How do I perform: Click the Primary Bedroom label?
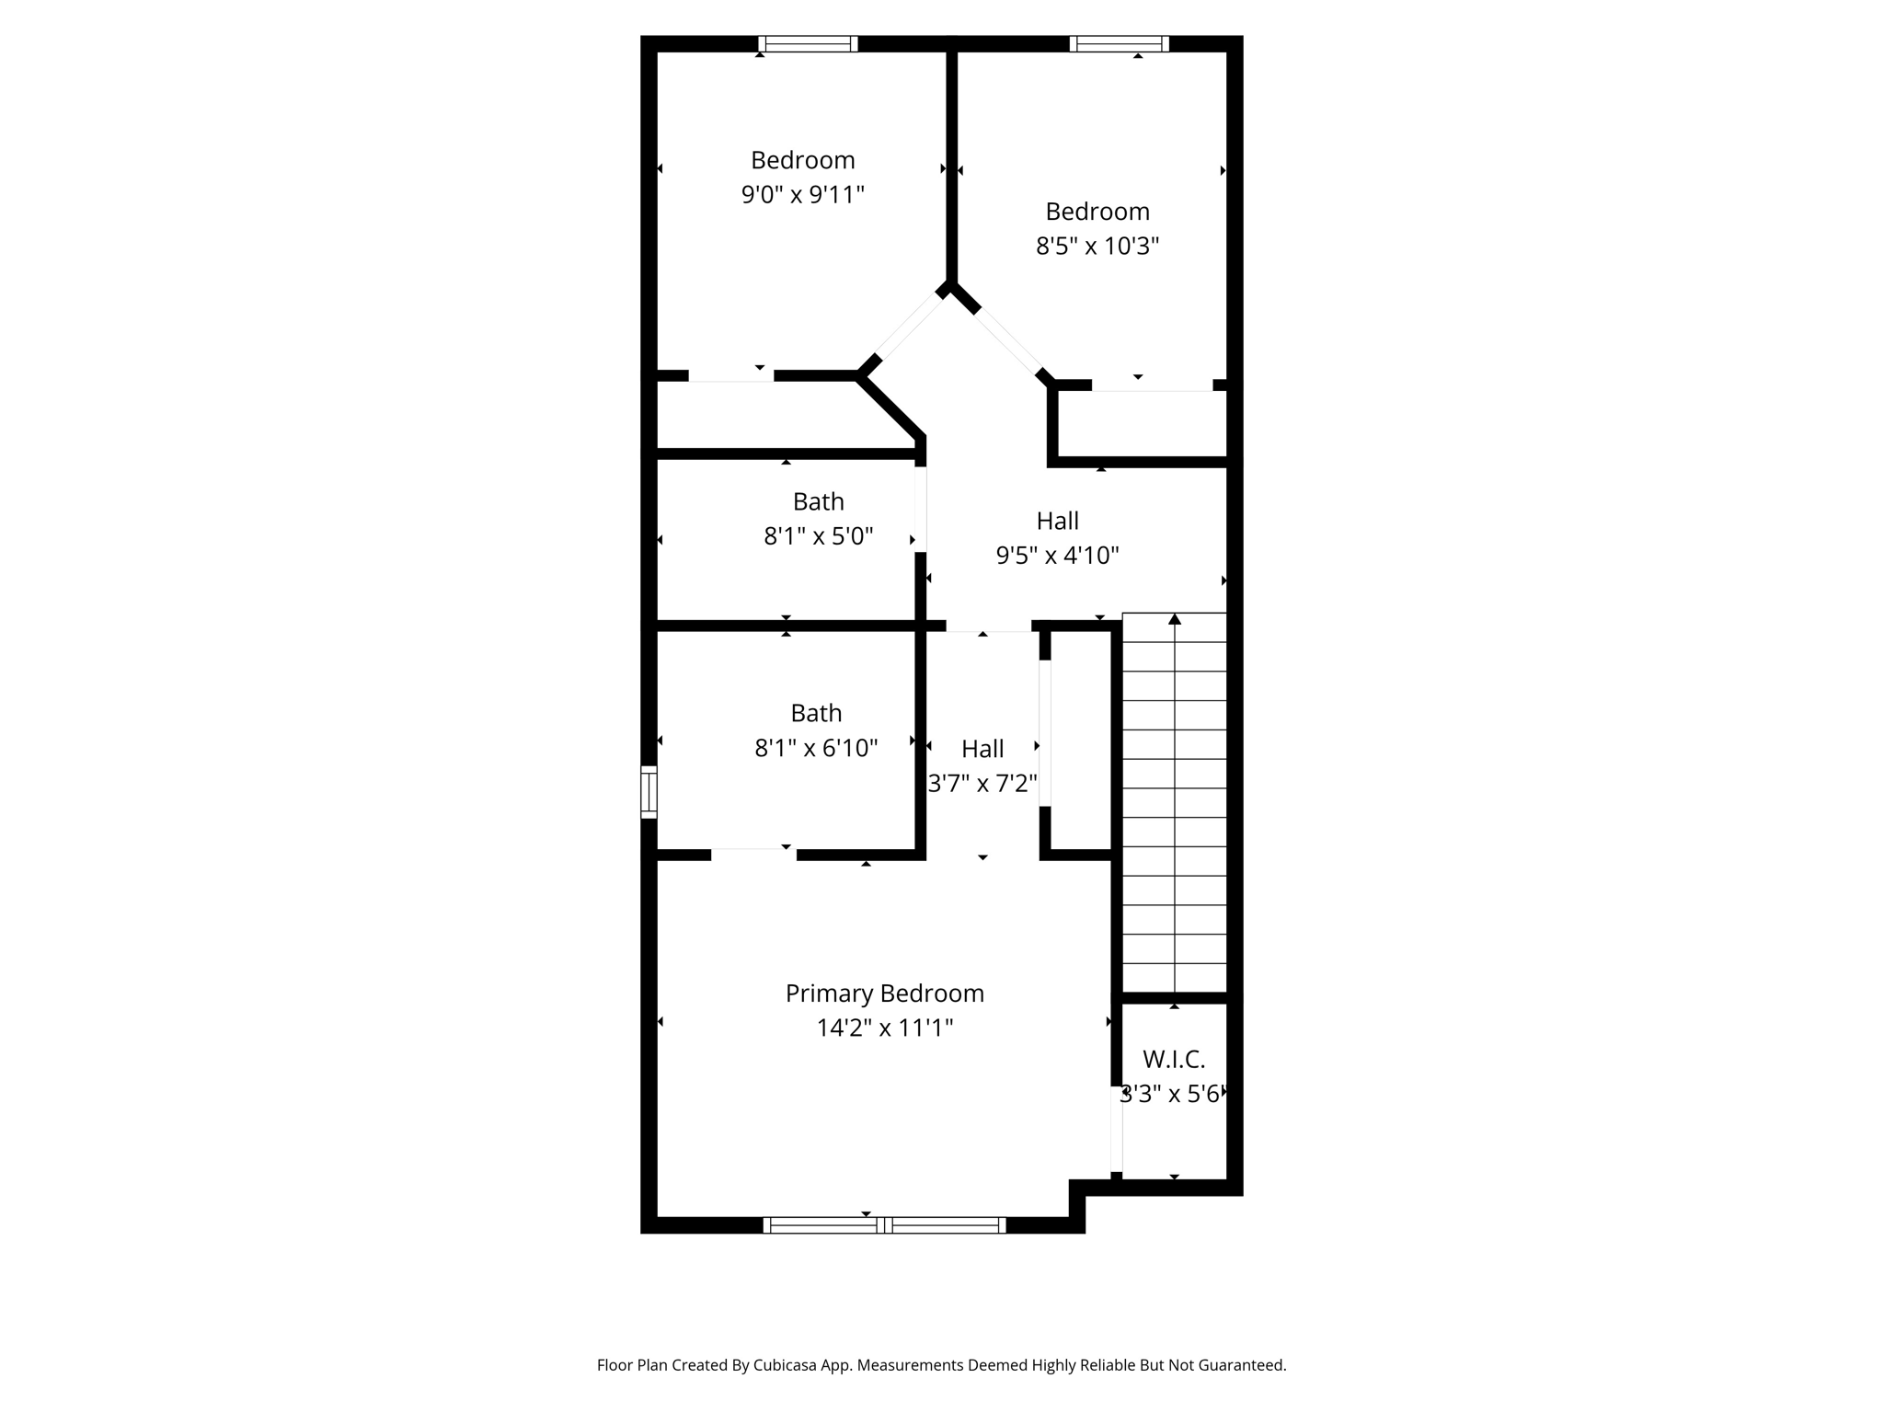pos(884,994)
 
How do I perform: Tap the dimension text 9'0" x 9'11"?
pos(803,195)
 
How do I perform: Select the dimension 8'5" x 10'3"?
pos(1097,247)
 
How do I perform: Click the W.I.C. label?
pos(1174,1060)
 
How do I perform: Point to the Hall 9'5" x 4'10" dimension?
pos(1057,556)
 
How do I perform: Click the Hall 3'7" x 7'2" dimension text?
pos(982,784)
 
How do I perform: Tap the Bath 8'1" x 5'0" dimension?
pos(818,536)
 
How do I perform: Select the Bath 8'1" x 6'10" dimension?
pos(816,748)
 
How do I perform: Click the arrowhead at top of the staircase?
pos(1175,619)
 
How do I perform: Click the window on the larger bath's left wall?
pos(649,791)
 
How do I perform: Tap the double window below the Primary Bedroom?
pos(884,1224)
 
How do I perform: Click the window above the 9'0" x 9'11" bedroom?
pos(808,43)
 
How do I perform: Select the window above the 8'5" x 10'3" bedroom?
pos(1119,43)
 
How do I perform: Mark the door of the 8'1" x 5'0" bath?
pos(920,509)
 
